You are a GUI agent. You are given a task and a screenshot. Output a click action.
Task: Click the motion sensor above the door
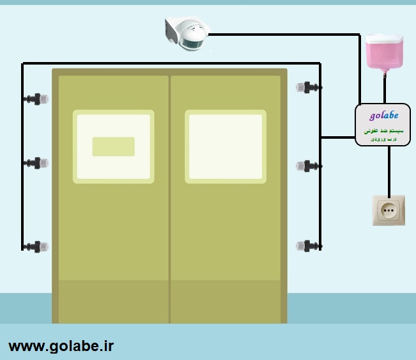pos(186,33)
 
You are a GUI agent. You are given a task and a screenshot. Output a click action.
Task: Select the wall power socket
pos(389,210)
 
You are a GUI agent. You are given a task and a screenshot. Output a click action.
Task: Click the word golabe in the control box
pos(384,116)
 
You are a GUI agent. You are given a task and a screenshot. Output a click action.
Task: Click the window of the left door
pos(113,146)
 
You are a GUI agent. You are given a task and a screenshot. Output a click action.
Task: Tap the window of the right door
pos(226,146)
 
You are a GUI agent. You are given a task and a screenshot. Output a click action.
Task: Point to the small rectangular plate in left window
pos(113,146)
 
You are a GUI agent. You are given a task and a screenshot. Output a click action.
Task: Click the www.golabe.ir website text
pos(61,346)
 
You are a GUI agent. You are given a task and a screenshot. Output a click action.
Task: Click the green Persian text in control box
pos(384,131)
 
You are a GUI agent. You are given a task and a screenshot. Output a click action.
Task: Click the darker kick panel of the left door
pos(113,301)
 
